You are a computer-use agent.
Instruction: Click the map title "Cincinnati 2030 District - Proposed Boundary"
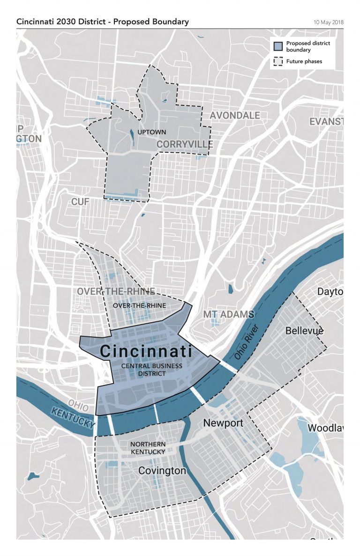102,22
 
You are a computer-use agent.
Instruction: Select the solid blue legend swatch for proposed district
278,46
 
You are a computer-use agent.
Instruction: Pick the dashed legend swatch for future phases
278,61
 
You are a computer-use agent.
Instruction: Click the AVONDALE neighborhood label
234,115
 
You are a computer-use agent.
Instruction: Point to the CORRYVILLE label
185,144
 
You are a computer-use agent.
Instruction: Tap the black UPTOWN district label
151,133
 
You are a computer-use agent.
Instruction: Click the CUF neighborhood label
80,202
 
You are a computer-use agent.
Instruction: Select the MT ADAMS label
228,314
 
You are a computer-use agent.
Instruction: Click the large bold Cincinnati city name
146,351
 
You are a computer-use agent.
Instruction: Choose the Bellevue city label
304,331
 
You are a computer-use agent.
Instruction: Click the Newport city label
223,423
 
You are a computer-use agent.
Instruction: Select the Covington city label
162,471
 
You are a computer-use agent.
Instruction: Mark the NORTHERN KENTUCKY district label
148,448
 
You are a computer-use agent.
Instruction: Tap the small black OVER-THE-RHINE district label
139,306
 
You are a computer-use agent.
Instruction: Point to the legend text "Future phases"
304,61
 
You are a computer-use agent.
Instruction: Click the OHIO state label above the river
78,403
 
